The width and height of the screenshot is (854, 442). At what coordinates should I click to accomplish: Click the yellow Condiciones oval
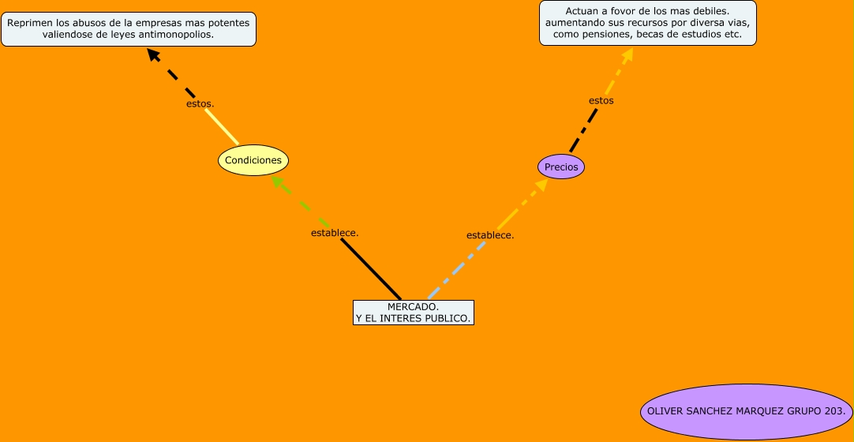click(x=253, y=160)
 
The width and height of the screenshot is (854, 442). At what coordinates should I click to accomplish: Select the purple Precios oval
click(x=561, y=167)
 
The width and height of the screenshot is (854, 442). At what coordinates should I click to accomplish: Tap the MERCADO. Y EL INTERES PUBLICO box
click(x=414, y=313)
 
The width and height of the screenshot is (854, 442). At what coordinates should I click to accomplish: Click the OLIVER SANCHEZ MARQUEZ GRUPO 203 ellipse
click(x=746, y=411)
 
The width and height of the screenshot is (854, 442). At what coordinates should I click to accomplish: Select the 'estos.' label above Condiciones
click(x=200, y=103)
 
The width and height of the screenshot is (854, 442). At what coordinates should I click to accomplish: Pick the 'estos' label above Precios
click(x=601, y=100)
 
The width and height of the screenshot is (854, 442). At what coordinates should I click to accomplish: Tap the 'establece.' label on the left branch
click(x=335, y=233)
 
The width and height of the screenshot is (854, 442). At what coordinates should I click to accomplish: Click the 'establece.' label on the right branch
click(x=490, y=235)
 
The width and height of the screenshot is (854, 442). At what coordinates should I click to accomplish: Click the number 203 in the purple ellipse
click(x=834, y=411)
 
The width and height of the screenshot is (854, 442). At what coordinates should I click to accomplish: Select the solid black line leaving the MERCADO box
click(x=371, y=269)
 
